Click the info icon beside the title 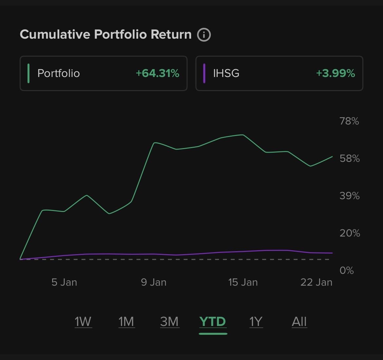204,34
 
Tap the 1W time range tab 83,322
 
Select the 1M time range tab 126,322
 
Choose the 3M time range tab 169,322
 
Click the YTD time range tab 213,322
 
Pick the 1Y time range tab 256,322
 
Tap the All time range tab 299,322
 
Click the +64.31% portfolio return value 157,73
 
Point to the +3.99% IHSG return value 336,73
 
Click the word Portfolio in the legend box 59,73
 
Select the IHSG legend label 226,73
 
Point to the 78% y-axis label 349,121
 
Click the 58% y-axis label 349,159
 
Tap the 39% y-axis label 349,196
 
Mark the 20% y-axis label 349,233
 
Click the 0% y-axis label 347,271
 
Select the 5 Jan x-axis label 64,282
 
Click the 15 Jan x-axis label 243,282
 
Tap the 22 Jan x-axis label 316,282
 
